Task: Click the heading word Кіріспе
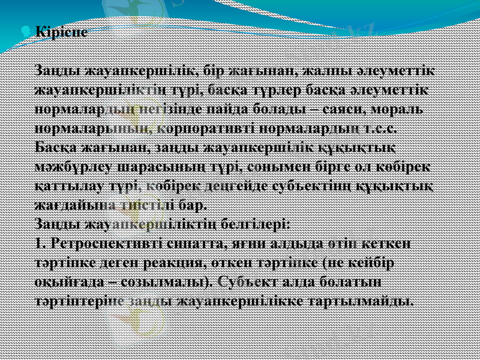point(61,31)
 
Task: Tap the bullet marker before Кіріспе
point(30,30)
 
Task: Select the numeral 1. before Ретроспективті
point(41,244)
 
